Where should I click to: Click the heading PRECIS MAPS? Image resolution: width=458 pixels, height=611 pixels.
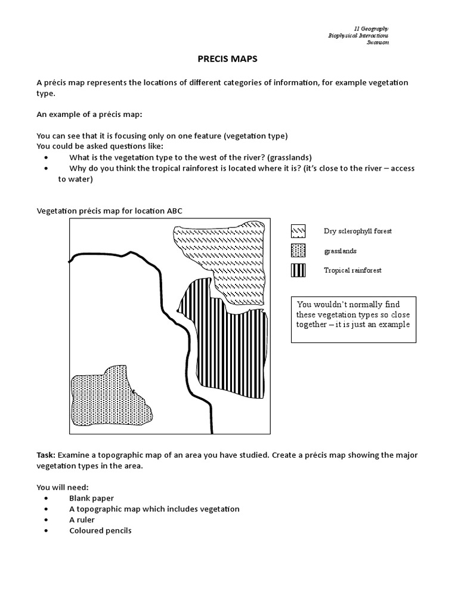228,59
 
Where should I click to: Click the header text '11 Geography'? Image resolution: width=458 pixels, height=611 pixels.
371,28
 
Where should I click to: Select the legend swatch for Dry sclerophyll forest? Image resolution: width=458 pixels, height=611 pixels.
298,231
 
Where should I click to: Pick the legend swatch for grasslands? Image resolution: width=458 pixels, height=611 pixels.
298,251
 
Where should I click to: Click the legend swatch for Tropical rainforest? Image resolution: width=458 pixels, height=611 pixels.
298,270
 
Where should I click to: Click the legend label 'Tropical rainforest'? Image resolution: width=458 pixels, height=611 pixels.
352,270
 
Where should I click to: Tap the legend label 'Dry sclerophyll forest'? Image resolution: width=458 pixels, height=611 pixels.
357,231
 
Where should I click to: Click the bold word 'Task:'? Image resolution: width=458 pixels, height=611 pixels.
47,455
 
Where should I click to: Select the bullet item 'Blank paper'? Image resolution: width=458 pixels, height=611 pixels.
91,498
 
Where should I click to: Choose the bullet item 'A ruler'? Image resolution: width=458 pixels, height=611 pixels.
83,520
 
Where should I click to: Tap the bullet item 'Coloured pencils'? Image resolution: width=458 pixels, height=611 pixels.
100,530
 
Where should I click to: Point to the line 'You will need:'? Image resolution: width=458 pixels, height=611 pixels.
62,487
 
